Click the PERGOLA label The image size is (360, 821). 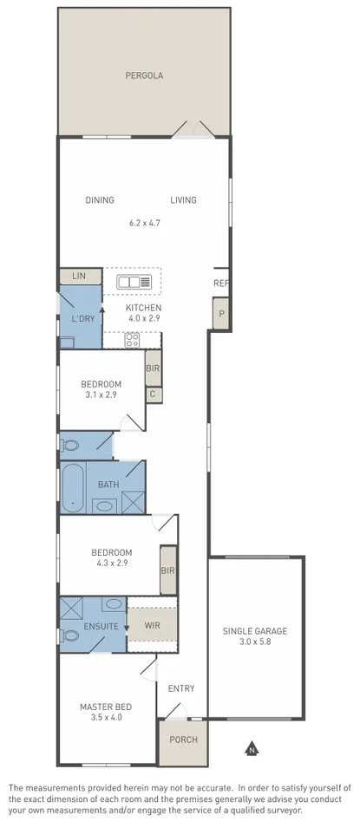(x=144, y=75)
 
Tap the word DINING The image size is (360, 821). (x=100, y=200)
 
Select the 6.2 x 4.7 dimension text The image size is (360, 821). (x=144, y=223)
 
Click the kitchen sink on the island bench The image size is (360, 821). (x=134, y=281)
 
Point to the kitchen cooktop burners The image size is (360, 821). (x=133, y=340)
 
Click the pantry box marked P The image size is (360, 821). (x=221, y=314)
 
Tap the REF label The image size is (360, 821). (x=221, y=283)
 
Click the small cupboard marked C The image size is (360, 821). (x=153, y=394)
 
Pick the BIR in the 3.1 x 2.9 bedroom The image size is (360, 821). (x=153, y=368)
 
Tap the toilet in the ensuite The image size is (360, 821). (x=70, y=635)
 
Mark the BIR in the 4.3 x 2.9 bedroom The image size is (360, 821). (x=168, y=570)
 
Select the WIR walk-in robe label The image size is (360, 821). (x=152, y=623)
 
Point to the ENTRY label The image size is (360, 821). (x=181, y=689)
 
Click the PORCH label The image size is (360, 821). (x=182, y=740)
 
